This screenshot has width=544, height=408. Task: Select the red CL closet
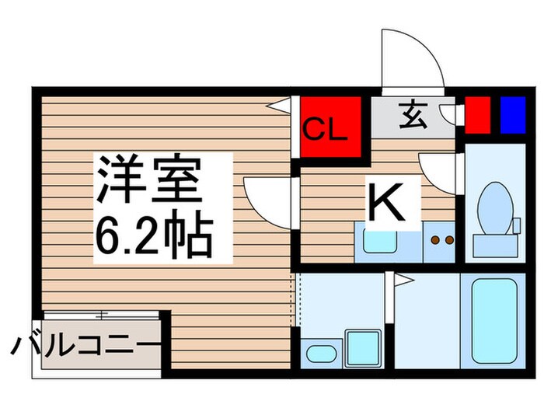point(330,127)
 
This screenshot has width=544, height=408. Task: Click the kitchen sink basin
point(381,240)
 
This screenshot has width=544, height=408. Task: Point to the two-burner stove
point(441,240)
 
